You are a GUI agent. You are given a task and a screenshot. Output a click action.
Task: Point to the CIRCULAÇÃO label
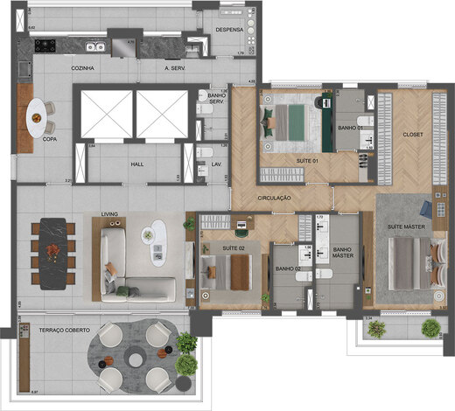click(274, 199)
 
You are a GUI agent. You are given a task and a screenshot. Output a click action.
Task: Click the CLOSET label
click(413, 135)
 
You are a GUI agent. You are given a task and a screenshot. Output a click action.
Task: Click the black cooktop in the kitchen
click(44, 45)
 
